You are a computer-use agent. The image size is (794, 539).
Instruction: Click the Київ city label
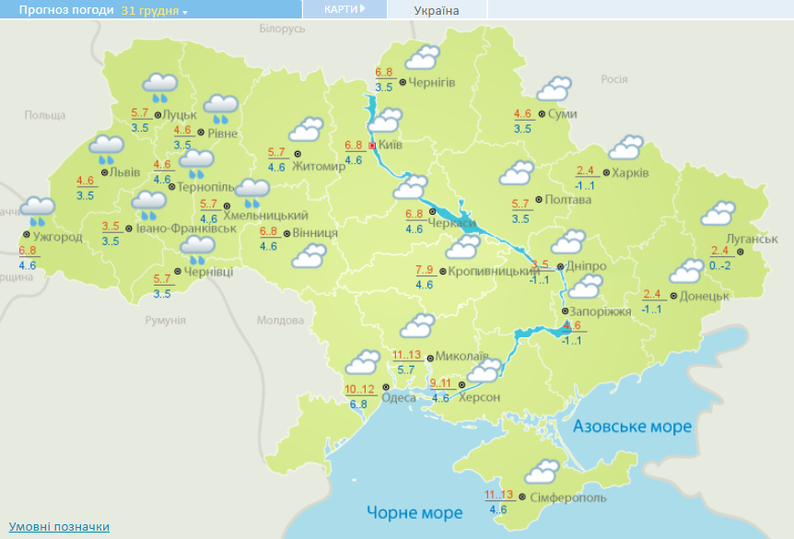point(391,145)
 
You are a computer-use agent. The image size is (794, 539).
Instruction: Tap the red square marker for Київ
point(372,146)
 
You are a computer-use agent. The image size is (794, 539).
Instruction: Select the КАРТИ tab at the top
point(344,9)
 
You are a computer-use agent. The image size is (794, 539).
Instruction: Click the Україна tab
point(437,10)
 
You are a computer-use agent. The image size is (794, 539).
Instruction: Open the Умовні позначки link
point(59,526)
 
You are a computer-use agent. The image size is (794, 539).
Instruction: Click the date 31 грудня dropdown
point(154,10)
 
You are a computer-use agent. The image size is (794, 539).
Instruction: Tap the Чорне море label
point(415,512)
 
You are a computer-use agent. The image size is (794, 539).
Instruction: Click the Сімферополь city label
point(568,498)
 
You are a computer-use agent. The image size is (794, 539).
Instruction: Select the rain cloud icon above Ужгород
point(38,210)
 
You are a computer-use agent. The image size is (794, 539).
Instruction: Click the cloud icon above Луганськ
point(718,214)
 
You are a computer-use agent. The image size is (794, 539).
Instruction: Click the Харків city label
point(631,172)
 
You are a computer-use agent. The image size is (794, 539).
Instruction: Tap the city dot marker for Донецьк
point(673,296)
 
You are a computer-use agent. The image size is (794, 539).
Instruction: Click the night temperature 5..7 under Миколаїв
point(405,370)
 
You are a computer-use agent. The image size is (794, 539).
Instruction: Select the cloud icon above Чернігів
point(423,58)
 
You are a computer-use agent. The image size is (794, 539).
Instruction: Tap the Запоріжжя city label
point(601,311)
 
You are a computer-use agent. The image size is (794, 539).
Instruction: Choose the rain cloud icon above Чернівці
point(197,248)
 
